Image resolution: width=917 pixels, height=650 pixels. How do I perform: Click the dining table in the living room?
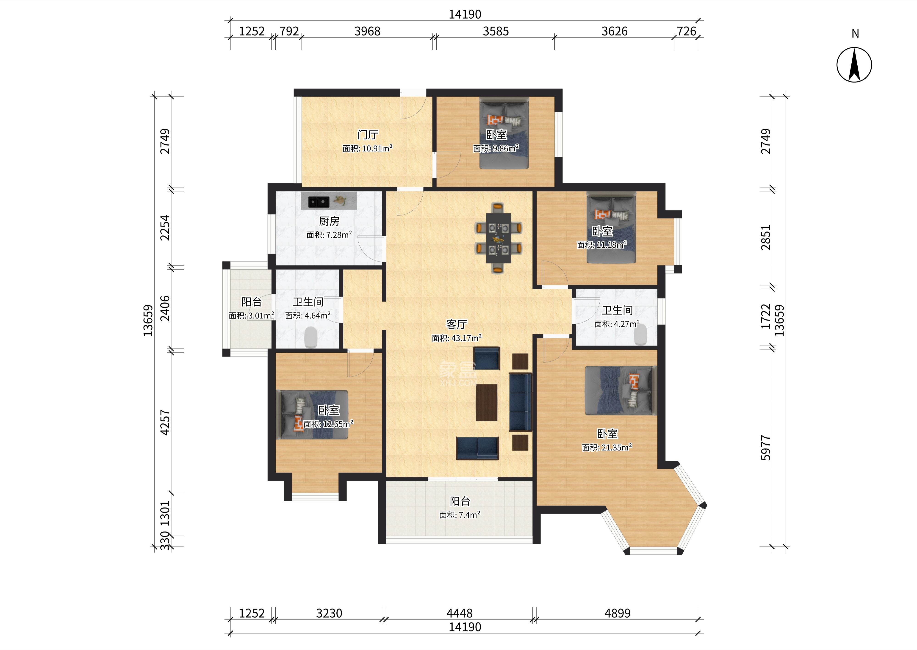[x=498, y=238]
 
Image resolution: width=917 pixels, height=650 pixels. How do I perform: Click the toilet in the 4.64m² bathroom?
[x=311, y=337]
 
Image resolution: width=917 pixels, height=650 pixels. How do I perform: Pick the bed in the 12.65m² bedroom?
[x=314, y=415]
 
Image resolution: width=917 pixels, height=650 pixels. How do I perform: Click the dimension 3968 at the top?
[x=367, y=31]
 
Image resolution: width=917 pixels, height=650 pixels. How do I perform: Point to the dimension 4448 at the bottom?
[x=460, y=613]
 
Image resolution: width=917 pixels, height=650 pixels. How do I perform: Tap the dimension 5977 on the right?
[x=765, y=448]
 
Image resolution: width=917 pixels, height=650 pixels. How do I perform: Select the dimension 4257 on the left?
[x=165, y=422]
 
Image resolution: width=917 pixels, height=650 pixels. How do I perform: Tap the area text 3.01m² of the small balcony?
[x=251, y=315]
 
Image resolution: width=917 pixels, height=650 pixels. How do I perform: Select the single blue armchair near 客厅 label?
[x=486, y=358]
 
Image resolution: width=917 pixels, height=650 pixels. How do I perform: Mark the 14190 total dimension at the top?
[x=465, y=14]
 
